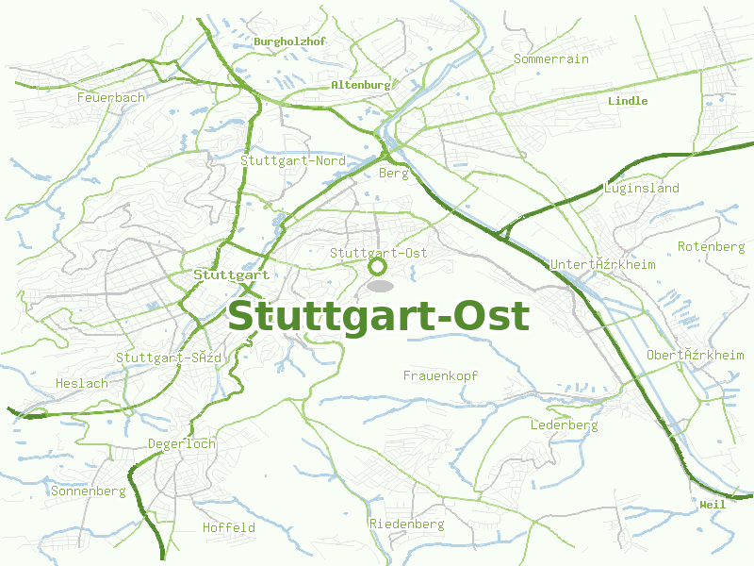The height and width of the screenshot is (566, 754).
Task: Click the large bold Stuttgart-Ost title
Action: pos(378,316)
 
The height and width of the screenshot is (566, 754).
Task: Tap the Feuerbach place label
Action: pos(111,97)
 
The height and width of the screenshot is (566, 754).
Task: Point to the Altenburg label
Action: pos(360,85)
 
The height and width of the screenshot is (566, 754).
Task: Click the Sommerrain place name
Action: pos(551,58)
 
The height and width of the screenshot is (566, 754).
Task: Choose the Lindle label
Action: pos(628,101)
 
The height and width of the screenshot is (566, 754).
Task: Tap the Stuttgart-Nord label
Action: pos(292,161)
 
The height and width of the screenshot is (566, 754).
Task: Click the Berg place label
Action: pos(393,174)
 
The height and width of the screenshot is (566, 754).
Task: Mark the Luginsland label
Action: pos(641,188)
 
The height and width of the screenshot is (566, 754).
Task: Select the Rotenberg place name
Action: pos(712,246)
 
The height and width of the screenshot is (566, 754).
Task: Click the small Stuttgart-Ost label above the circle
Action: pos(378,253)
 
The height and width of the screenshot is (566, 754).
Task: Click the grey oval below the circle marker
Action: pos(380,285)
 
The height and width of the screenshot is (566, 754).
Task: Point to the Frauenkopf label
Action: pos(440,375)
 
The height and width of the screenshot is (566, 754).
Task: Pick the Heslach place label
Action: pos(82,384)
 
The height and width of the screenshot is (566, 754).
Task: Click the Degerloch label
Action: pos(182,443)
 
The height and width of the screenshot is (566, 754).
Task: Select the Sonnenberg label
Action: pos(89,491)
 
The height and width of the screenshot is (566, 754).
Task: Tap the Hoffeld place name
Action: pos(229,527)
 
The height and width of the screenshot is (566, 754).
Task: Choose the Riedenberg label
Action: pos(406,524)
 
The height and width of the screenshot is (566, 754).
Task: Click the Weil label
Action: pos(713,505)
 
